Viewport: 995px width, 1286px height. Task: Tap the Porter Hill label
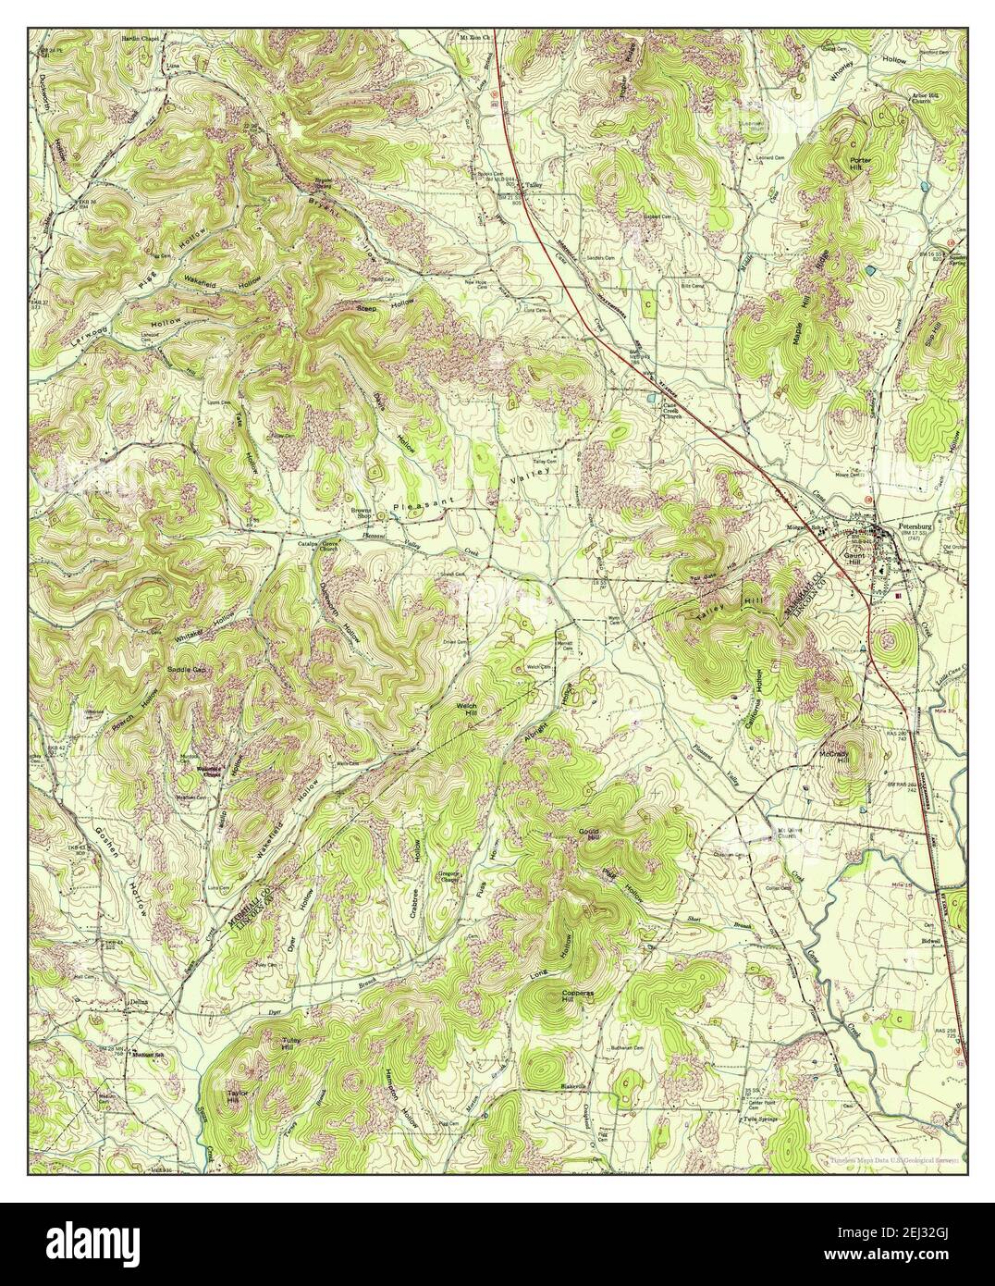(x=861, y=165)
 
